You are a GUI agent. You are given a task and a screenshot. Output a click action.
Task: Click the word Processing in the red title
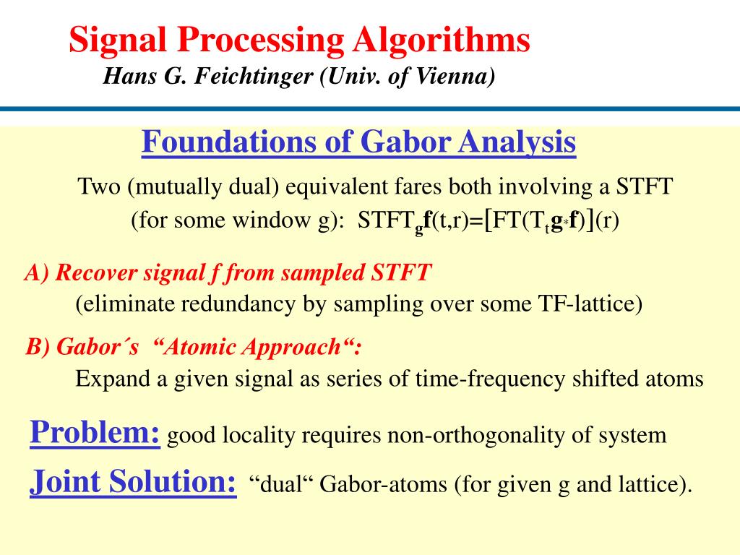tap(263, 40)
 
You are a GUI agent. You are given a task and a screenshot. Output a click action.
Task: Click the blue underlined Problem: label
tap(95, 433)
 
